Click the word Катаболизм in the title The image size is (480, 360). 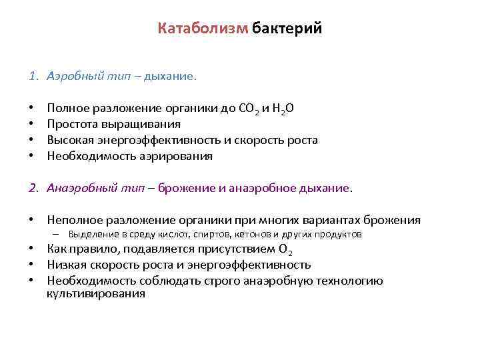click(x=203, y=29)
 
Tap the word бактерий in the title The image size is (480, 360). click(x=287, y=29)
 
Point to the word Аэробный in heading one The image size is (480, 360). click(x=72, y=77)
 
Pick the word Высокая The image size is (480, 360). click(x=69, y=140)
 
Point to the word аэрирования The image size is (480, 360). click(x=175, y=156)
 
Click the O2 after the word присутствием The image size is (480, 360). click(x=285, y=250)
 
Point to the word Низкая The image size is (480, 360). click(x=65, y=265)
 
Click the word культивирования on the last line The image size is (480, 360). click(x=96, y=293)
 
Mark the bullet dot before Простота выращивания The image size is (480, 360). click(x=31, y=124)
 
